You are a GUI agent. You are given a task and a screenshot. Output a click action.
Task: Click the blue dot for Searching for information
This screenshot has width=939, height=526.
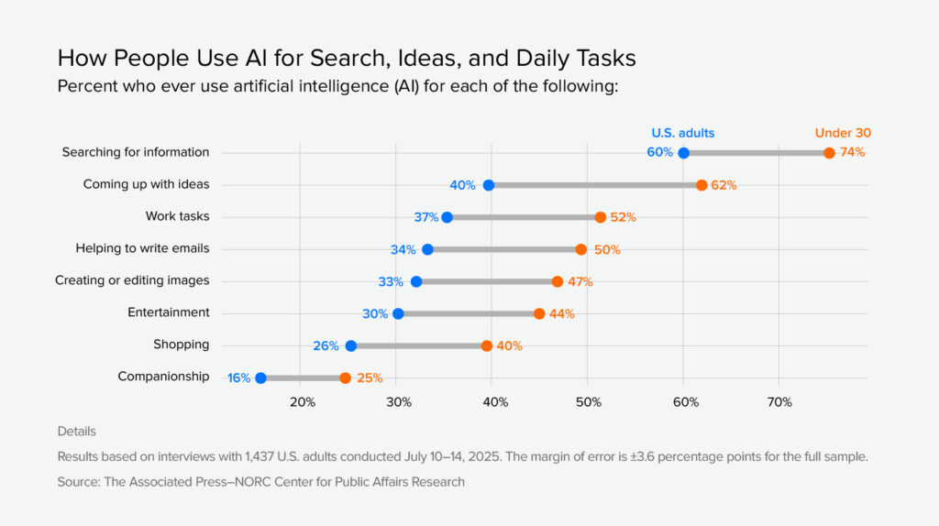[683, 153]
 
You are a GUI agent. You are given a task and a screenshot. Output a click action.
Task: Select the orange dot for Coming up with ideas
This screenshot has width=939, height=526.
[701, 185]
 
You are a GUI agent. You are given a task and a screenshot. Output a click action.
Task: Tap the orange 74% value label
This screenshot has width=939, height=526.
[852, 152]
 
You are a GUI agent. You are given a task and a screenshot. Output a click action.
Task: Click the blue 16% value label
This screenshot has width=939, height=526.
[238, 378]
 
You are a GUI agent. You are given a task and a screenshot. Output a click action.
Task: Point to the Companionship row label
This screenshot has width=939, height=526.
[163, 377]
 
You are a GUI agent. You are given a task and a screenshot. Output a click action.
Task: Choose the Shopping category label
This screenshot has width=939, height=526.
[181, 345]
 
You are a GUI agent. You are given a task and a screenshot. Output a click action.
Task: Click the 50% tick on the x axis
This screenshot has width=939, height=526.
[589, 402]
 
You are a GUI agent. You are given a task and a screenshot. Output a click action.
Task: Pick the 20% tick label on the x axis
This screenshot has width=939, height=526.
[302, 402]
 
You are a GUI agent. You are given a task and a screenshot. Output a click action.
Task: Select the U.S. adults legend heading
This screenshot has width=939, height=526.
[682, 133]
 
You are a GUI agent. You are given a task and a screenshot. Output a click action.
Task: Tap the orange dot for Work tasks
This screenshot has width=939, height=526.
[601, 217]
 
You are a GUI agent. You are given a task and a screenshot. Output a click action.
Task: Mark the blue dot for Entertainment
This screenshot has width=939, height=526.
[398, 313]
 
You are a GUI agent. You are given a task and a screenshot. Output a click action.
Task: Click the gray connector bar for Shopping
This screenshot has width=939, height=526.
[418, 345]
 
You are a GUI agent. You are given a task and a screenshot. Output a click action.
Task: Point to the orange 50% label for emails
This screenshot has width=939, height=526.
[607, 249]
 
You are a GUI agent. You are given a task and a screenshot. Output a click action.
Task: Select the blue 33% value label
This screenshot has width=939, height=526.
[392, 281]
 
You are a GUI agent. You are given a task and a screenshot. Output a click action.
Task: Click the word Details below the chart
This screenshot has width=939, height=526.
[76, 431]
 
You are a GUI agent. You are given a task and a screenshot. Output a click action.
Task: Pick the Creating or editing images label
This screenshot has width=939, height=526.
[132, 280]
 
